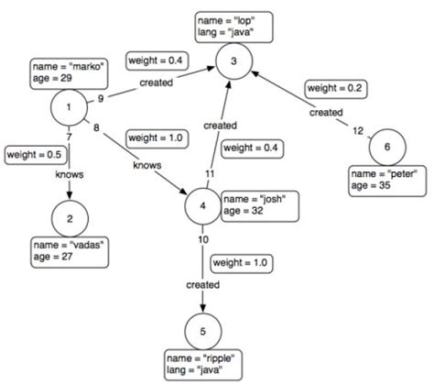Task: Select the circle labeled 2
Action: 69,220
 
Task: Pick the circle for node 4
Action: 202,204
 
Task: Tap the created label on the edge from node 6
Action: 325,112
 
